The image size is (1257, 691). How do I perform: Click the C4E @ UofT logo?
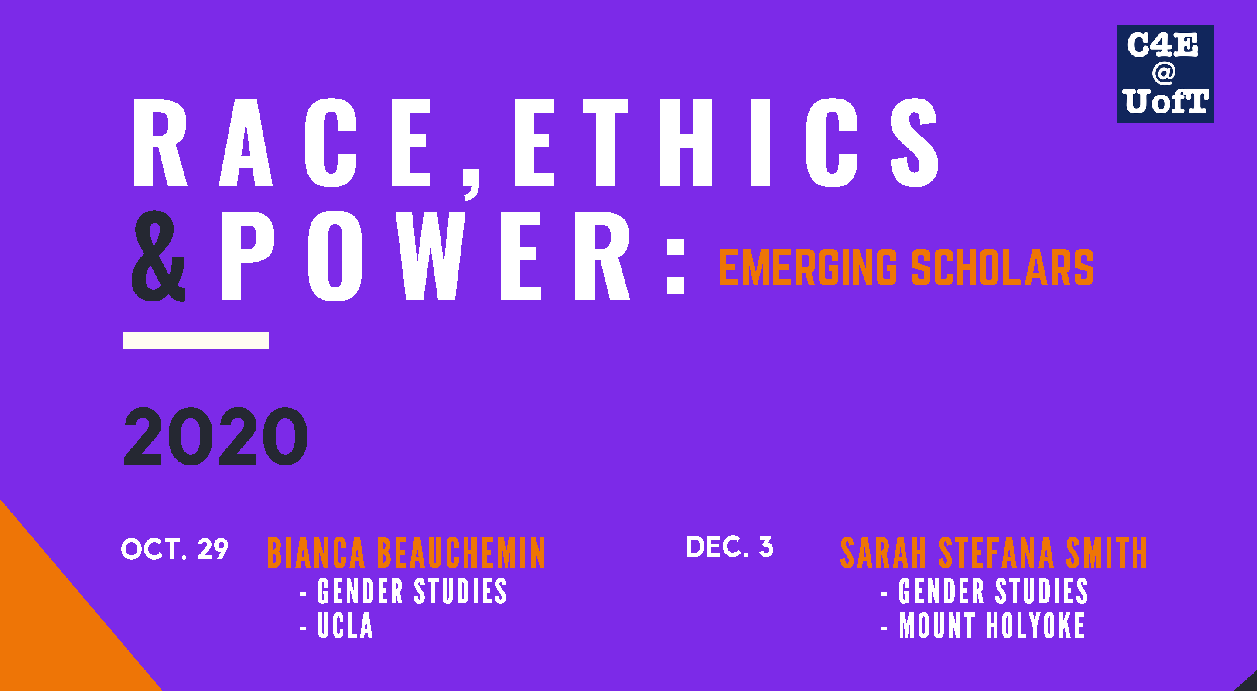(x=1165, y=74)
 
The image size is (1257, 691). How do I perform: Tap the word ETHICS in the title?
(x=726, y=143)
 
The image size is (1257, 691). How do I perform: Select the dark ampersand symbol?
(x=159, y=256)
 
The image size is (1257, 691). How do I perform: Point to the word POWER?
(x=426, y=256)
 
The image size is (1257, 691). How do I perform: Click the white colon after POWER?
(x=676, y=266)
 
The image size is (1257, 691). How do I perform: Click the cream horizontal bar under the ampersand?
(x=196, y=341)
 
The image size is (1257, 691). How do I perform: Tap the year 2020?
(x=216, y=436)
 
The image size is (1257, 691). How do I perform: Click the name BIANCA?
(x=316, y=553)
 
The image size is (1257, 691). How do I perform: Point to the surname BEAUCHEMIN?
(x=461, y=553)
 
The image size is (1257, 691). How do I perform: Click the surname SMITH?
(x=1106, y=553)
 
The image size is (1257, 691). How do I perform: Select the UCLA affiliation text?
(x=345, y=626)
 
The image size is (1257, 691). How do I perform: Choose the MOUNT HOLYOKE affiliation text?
(x=992, y=626)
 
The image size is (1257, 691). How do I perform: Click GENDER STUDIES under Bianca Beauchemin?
(x=412, y=592)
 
